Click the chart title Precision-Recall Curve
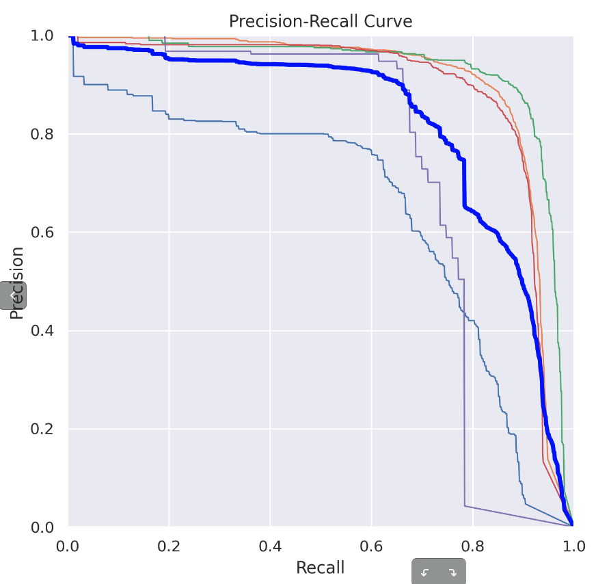(x=321, y=21)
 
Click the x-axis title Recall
(x=320, y=567)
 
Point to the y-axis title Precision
(x=18, y=282)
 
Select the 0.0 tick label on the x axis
(x=68, y=546)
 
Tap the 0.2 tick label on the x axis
(x=169, y=546)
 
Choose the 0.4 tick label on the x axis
(x=270, y=546)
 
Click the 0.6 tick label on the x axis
(x=371, y=546)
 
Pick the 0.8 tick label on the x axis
(x=472, y=546)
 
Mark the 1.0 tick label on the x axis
(x=573, y=546)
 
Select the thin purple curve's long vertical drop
(x=464, y=410)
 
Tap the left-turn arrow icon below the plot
(x=424, y=572)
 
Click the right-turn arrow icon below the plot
(x=452, y=572)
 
